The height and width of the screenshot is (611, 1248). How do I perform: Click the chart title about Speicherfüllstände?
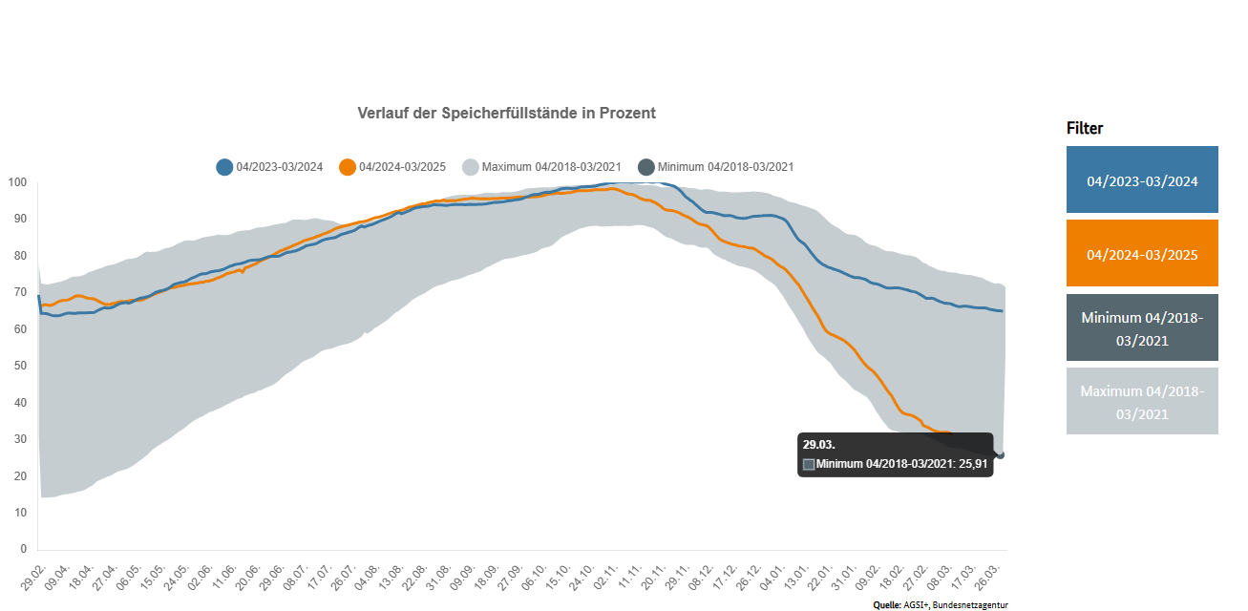click(506, 113)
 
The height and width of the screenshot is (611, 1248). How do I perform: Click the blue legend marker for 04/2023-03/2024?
click(224, 167)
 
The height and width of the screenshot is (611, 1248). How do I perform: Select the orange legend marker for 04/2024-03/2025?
click(348, 167)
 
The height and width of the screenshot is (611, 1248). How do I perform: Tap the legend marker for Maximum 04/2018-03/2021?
click(470, 167)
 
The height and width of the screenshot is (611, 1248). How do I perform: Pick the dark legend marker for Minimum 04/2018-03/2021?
click(646, 167)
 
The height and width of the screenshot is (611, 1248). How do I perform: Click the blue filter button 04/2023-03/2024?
click(1142, 179)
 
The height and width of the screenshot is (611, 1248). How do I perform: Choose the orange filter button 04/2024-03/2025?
click(1142, 254)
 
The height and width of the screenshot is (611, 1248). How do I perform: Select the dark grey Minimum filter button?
click(1142, 327)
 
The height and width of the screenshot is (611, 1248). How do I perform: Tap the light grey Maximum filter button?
click(1142, 401)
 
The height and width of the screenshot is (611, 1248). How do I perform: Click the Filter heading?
click(1085, 128)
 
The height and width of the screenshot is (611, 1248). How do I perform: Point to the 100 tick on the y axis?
click(17, 182)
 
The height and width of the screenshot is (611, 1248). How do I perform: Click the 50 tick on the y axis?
click(20, 366)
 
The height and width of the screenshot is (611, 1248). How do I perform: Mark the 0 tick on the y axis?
click(23, 549)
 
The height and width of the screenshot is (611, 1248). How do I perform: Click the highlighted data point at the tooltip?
click(1000, 454)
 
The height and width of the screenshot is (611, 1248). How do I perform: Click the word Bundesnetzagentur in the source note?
click(971, 605)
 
